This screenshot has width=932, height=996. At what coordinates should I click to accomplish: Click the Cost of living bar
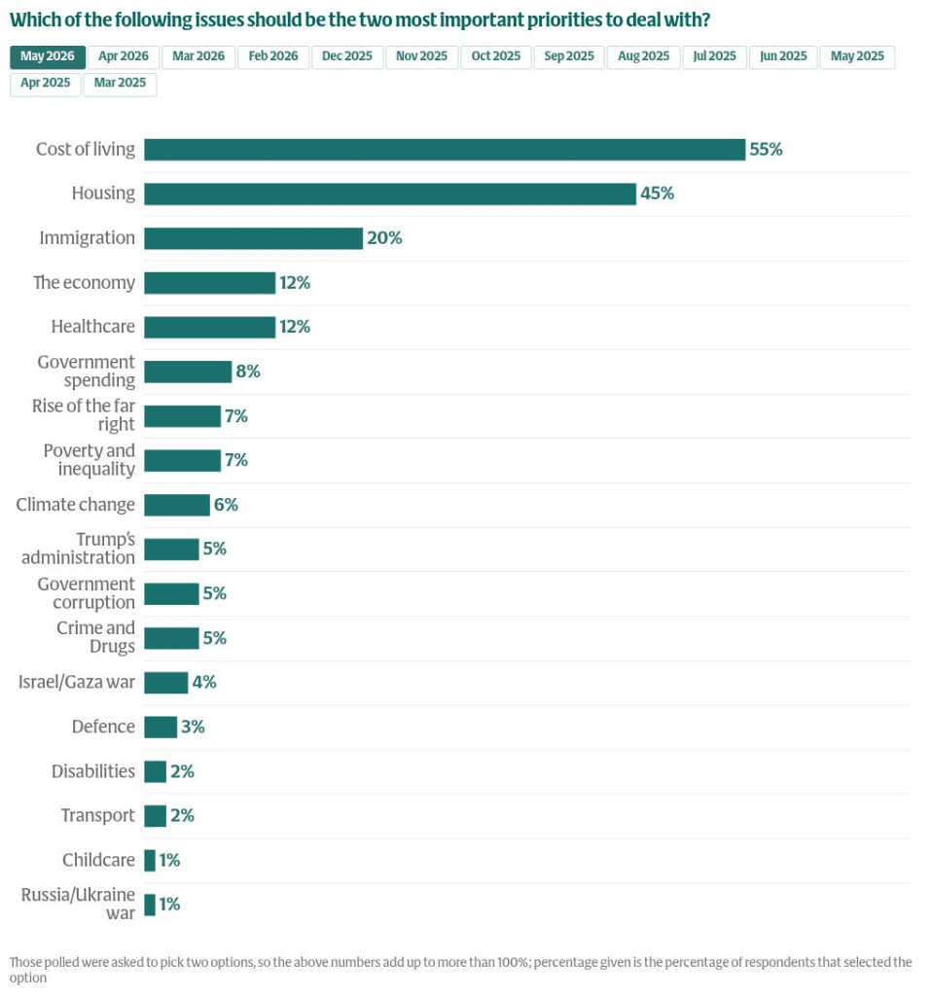point(445,150)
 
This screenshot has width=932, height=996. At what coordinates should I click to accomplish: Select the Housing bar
point(390,195)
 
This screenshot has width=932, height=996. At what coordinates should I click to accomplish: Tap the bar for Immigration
point(254,239)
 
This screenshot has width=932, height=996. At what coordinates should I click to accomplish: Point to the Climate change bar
point(177,505)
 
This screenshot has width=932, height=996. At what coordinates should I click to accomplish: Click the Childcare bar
point(150,861)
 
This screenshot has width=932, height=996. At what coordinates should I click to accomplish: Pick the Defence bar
point(161,728)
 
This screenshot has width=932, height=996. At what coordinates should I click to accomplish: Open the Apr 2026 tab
point(124,56)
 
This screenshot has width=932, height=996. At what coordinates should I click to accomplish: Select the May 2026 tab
point(48,56)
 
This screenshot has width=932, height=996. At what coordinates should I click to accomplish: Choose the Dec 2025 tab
point(347,56)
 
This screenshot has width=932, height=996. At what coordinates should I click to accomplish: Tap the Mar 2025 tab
point(120,84)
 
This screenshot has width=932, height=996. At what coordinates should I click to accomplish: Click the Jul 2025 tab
point(715,56)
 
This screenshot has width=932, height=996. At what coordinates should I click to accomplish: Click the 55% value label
point(767,150)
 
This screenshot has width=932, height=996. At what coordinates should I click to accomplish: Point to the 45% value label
point(657,194)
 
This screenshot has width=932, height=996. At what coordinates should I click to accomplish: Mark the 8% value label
point(248,372)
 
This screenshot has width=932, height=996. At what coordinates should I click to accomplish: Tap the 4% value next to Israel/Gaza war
point(204,683)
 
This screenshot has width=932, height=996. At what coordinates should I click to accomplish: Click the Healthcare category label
point(92,327)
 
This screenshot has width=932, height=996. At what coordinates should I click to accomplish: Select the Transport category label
point(98,816)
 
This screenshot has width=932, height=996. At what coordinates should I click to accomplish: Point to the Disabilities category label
point(92,771)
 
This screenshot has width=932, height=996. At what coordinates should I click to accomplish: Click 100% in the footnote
point(513,962)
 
